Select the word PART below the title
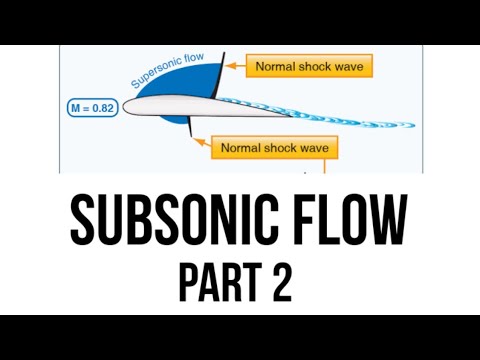click(x=215, y=283)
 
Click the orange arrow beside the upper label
click(x=232, y=67)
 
